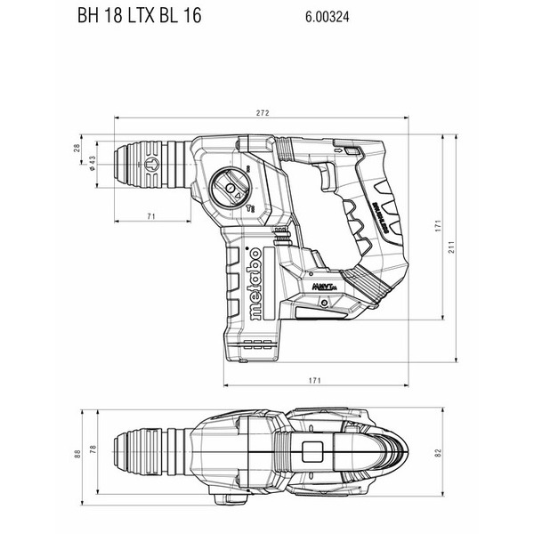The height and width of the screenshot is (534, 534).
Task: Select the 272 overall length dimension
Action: pos(263,113)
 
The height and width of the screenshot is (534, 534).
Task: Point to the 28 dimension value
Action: pos(77,149)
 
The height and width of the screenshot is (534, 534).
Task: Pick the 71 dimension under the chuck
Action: pos(152,216)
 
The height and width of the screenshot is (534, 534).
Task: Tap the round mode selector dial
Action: pos(232,188)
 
